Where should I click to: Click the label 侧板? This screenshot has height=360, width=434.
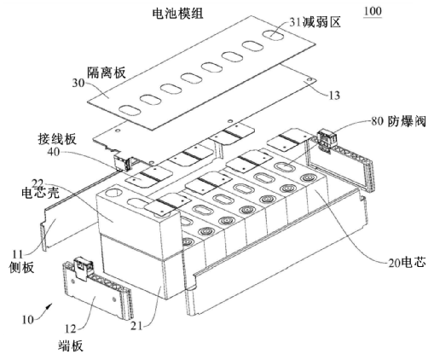pyautogui.click(x=24, y=267)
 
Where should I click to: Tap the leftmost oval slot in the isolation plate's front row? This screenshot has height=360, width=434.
pyautogui.click(x=130, y=109)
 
